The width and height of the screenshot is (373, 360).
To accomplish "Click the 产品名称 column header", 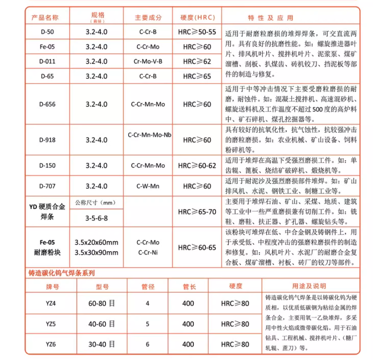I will (45, 17).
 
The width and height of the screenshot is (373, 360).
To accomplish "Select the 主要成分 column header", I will (148, 17).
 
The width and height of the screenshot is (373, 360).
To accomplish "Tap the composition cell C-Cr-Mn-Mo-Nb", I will (149, 135).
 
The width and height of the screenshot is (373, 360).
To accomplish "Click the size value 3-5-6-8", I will (96, 217).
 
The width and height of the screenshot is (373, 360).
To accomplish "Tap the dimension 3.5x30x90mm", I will (96, 253).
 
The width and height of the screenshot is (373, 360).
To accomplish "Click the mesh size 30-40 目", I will (102, 344).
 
